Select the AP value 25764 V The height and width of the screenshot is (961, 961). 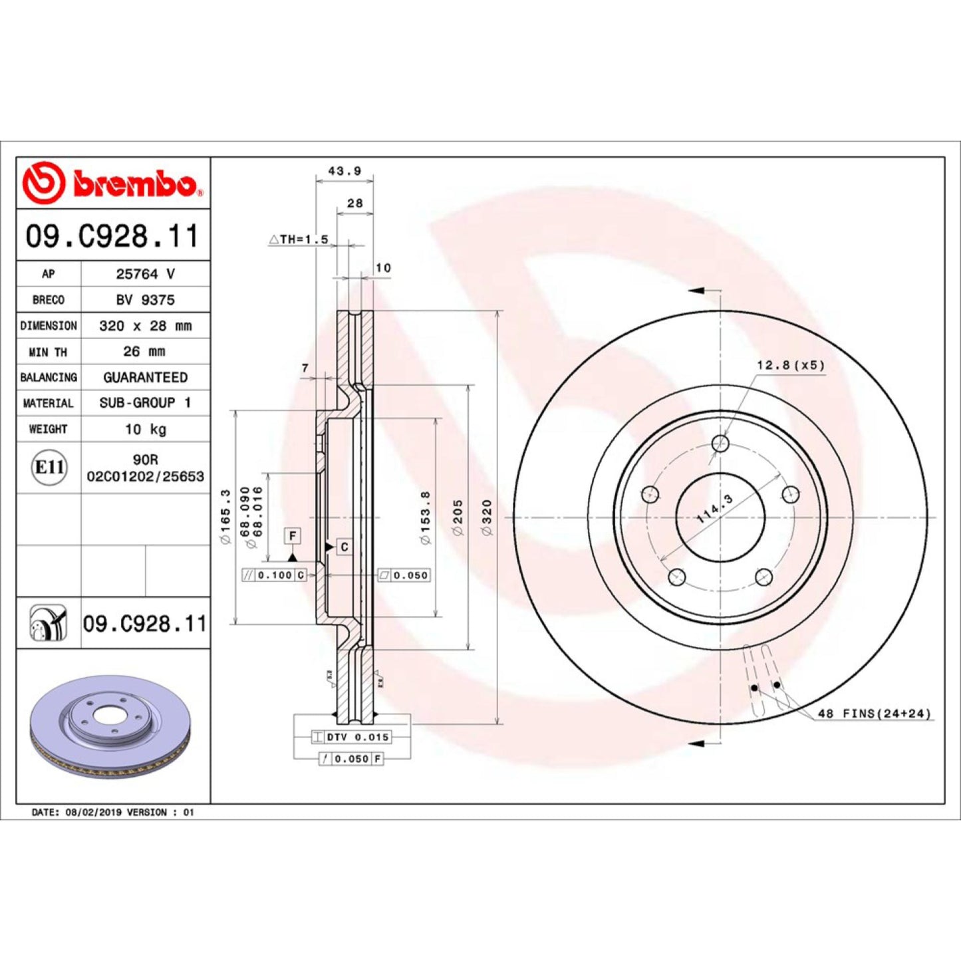pos(145,274)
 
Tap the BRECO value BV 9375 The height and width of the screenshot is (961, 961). pos(145,300)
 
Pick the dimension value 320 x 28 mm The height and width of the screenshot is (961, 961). pos(145,326)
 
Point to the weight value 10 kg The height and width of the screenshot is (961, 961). pos(145,430)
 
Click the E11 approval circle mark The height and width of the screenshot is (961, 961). pos(49,468)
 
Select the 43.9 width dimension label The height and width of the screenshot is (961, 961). pos(344,172)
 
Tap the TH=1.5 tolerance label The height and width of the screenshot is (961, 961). pos(299,239)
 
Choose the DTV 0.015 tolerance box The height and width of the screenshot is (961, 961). pos(351,737)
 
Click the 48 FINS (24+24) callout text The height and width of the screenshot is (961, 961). pos(874,714)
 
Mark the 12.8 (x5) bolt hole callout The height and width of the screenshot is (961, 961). pos(790,365)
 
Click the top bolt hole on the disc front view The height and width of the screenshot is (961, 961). pos(720,443)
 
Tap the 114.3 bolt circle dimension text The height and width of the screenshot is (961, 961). pos(714,509)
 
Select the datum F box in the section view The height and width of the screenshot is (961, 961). pos(292,535)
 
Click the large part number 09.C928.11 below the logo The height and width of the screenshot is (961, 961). pos(112,236)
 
